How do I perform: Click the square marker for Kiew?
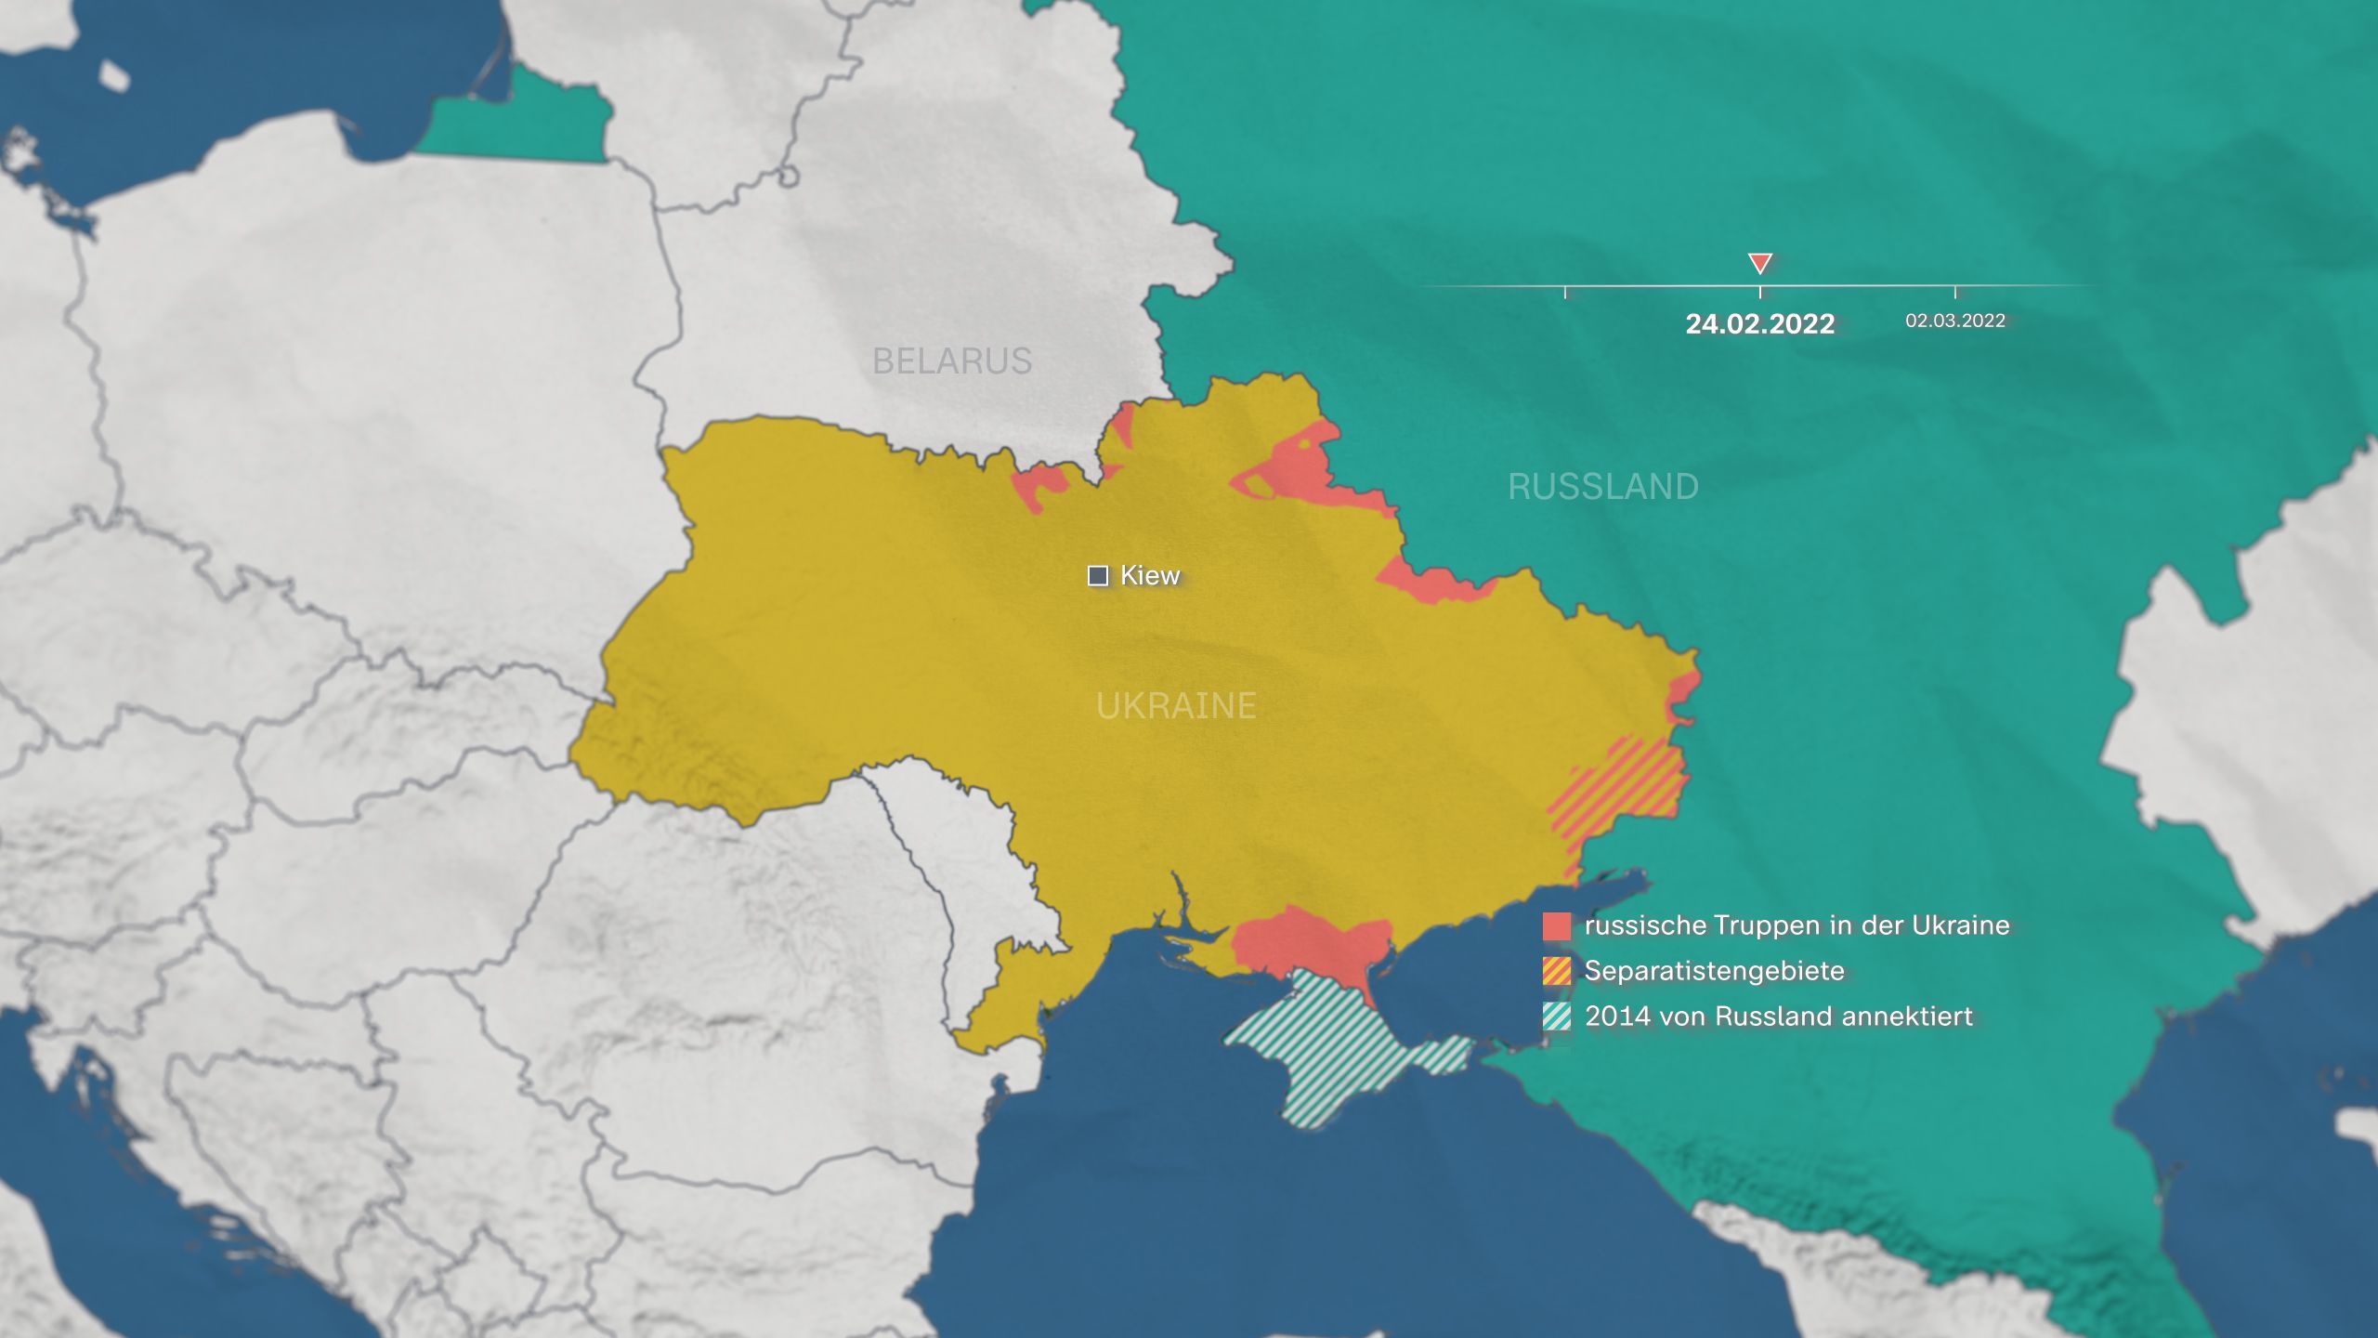click(x=1098, y=576)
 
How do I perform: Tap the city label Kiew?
click(x=1150, y=575)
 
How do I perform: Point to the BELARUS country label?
click(x=952, y=361)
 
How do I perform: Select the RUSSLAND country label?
click(x=1603, y=486)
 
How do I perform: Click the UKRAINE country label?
click(x=1176, y=706)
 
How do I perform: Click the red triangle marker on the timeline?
click(x=1759, y=264)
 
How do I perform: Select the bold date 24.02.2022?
click(x=1759, y=323)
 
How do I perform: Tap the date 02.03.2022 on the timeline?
click(x=1955, y=321)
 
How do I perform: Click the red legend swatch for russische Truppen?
click(x=1557, y=926)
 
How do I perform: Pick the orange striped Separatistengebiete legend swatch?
click(x=1557, y=971)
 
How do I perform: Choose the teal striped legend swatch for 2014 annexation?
click(x=1557, y=1017)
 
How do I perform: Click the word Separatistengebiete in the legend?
click(x=1714, y=971)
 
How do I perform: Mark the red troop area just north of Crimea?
click(x=1310, y=943)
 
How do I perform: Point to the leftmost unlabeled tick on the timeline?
click(x=1565, y=292)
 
